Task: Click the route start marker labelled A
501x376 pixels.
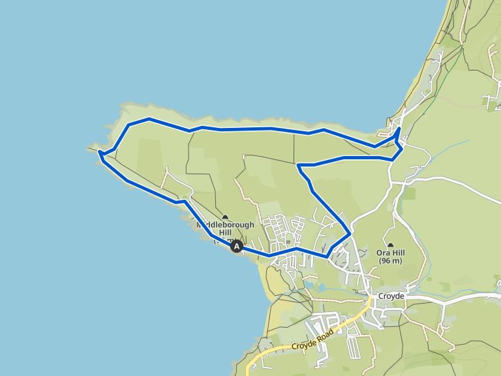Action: point(237,246)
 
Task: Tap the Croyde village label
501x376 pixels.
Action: point(391,296)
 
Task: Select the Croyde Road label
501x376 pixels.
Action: point(312,339)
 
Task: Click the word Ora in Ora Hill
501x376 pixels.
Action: point(383,253)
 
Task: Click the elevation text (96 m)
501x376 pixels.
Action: point(390,261)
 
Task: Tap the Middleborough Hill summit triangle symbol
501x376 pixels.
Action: point(225,217)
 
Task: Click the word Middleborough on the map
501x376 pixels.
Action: point(226,225)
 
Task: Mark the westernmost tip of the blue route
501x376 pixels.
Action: point(99,152)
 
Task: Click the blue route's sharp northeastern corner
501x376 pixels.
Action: point(399,130)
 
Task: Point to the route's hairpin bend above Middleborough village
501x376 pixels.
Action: point(298,165)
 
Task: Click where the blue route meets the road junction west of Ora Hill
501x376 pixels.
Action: point(350,232)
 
